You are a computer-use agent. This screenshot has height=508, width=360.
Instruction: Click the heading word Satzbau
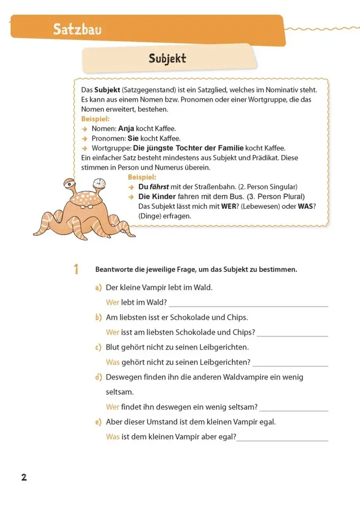(77, 30)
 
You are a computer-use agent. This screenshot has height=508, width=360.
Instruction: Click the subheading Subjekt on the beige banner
(167, 59)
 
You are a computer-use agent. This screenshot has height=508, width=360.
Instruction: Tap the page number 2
(23, 478)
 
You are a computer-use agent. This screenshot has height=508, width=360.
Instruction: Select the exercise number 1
(76, 269)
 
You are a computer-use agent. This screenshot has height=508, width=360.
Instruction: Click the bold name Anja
(126, 129)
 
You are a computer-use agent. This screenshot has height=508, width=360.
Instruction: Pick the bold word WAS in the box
(306, 206)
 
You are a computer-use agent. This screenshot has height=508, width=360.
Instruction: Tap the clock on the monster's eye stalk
(100, 182)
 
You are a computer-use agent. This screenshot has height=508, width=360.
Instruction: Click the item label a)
(98, 288)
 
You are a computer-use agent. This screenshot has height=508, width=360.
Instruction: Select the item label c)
(98, 347)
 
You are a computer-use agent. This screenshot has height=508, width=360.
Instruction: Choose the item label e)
(98, 422)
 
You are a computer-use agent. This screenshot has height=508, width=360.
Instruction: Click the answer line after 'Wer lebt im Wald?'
(248, 306)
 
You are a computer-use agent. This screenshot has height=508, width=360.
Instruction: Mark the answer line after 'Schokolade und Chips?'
(292, 335)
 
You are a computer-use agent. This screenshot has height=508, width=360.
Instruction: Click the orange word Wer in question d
(112, 407)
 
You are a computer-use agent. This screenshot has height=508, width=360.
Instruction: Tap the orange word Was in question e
(113, 436)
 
